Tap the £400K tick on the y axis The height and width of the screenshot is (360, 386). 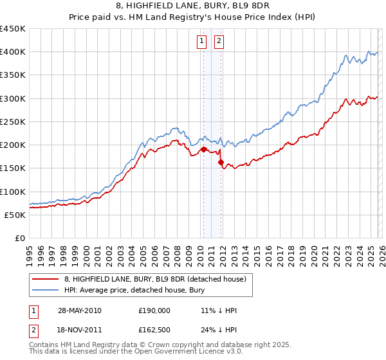(x=13, y=52)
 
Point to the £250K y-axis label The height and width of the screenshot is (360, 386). (x=13, y=122)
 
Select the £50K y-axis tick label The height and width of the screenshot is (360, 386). (x=15, y=215)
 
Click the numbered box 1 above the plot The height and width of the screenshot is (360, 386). (x=201, y=42)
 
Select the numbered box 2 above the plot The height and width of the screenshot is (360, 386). (x=219, y=42)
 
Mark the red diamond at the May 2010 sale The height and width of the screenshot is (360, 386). (x=203, y=150)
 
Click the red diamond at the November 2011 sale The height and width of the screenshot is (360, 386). (x=221, y=163)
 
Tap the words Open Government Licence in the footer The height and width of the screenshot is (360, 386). (x=196, y=354)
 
